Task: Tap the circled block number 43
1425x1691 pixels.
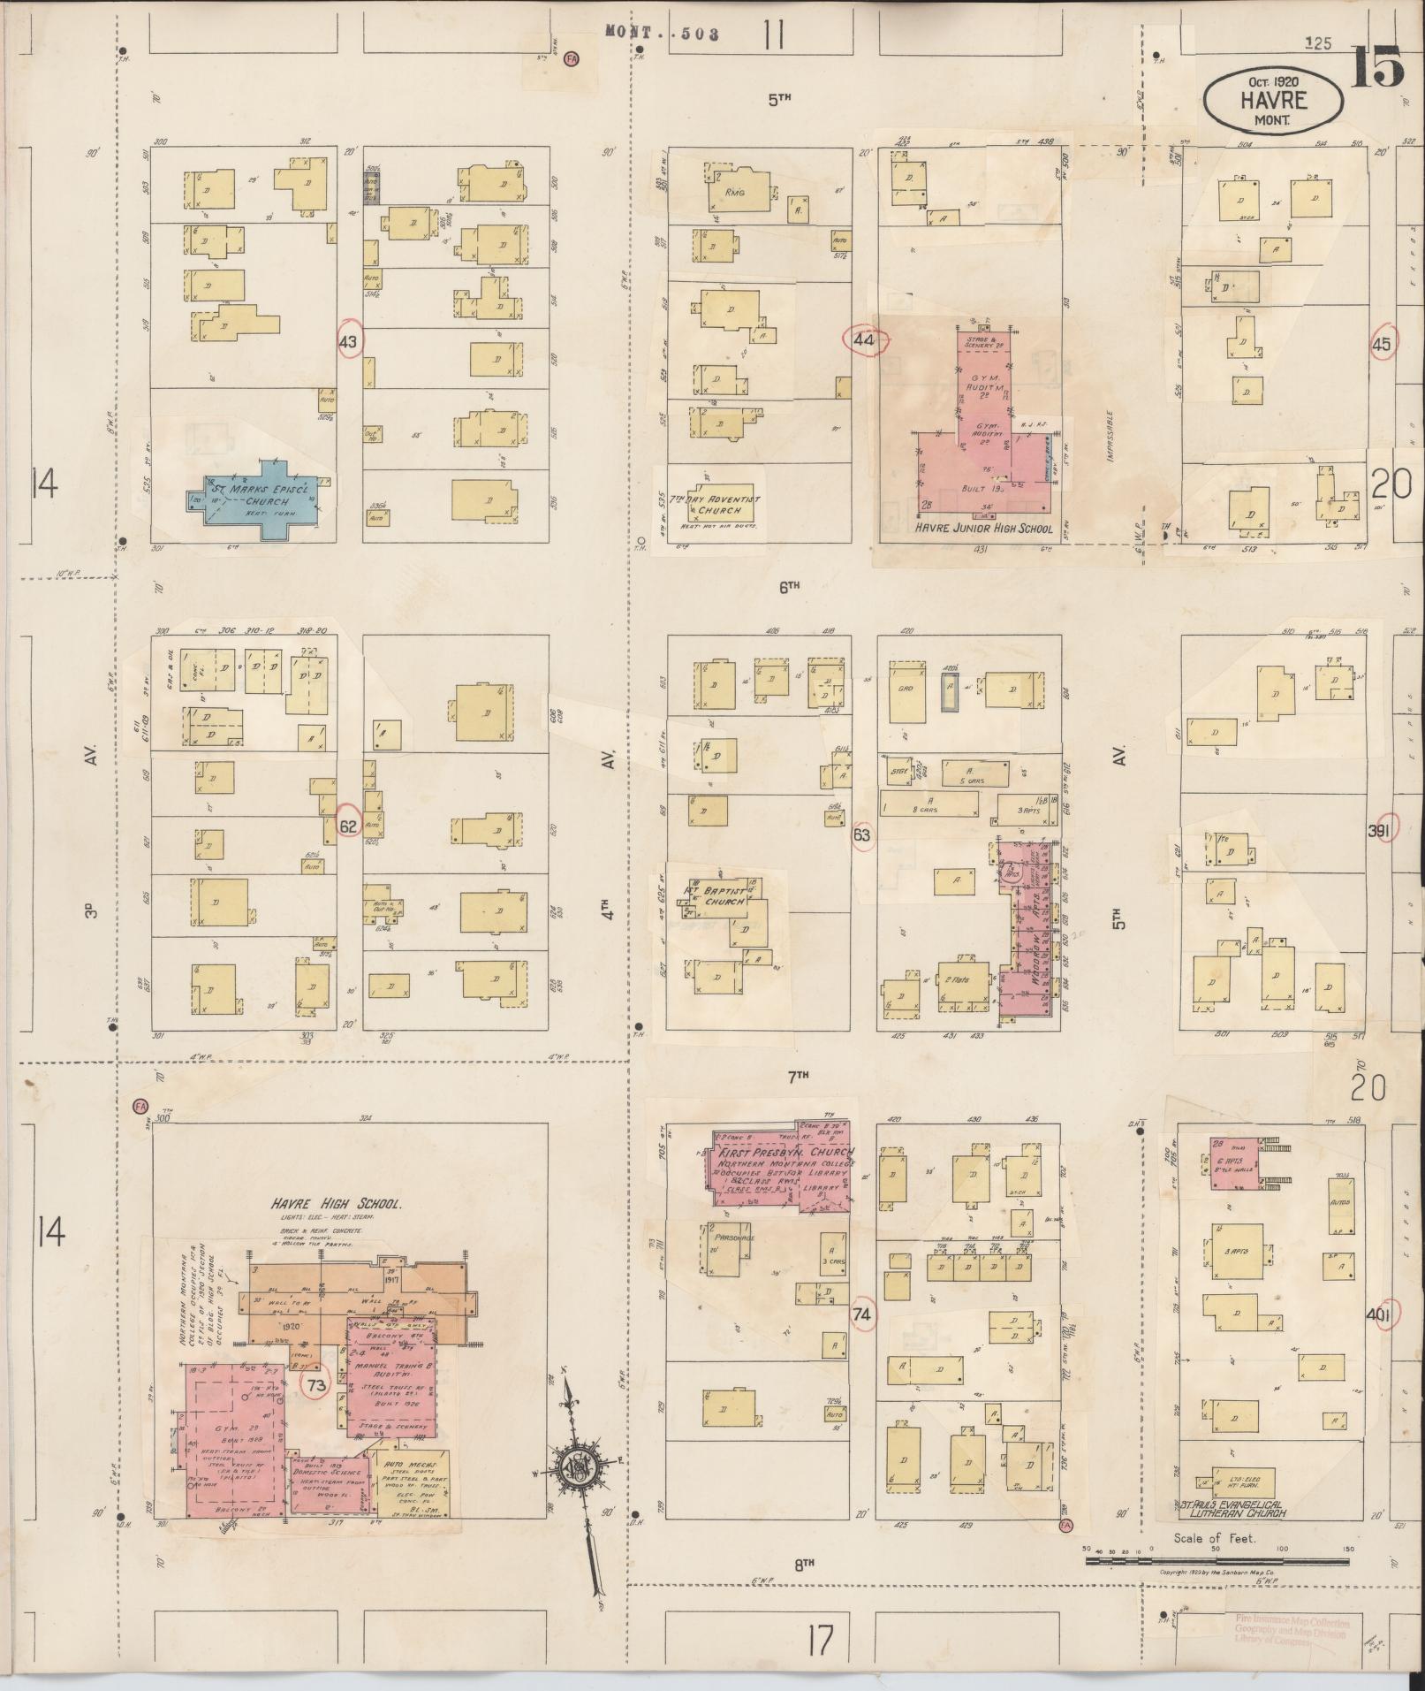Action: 349,342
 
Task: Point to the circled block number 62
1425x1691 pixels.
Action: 349,826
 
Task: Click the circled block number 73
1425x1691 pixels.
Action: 315,1384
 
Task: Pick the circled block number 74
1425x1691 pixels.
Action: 861,1314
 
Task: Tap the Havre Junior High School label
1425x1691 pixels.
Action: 983,529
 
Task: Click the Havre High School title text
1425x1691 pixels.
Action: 337,1204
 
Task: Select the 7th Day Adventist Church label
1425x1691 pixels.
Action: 714,505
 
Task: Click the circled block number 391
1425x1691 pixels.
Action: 1379,830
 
